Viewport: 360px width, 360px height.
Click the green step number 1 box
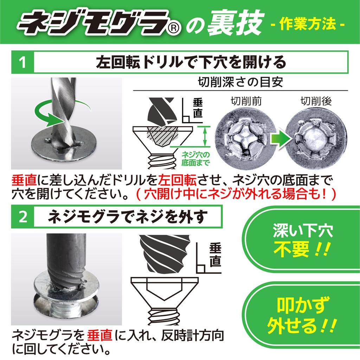click(x=22, y=64)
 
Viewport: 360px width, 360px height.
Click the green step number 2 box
click(x=22, y=218)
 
